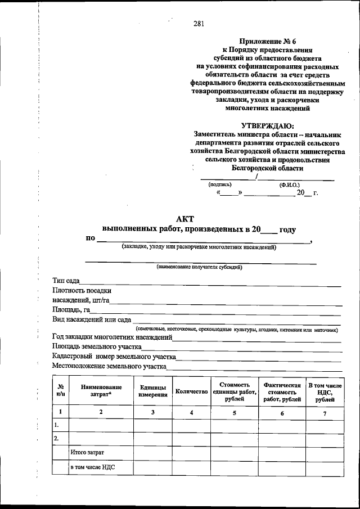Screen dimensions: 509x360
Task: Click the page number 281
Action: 198,23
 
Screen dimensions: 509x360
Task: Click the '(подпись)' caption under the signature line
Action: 220,184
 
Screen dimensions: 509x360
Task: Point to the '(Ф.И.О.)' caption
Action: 289,184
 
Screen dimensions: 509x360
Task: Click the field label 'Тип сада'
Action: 66,281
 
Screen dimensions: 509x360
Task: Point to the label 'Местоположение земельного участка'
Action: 109,366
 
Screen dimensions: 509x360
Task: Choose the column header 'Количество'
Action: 191,391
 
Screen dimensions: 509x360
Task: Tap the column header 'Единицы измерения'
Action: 152,391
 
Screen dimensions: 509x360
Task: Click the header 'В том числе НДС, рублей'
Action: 325,391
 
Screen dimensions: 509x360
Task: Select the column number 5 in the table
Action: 234,413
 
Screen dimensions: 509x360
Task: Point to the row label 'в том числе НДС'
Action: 93,467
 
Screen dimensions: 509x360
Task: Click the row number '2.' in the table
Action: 56,438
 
